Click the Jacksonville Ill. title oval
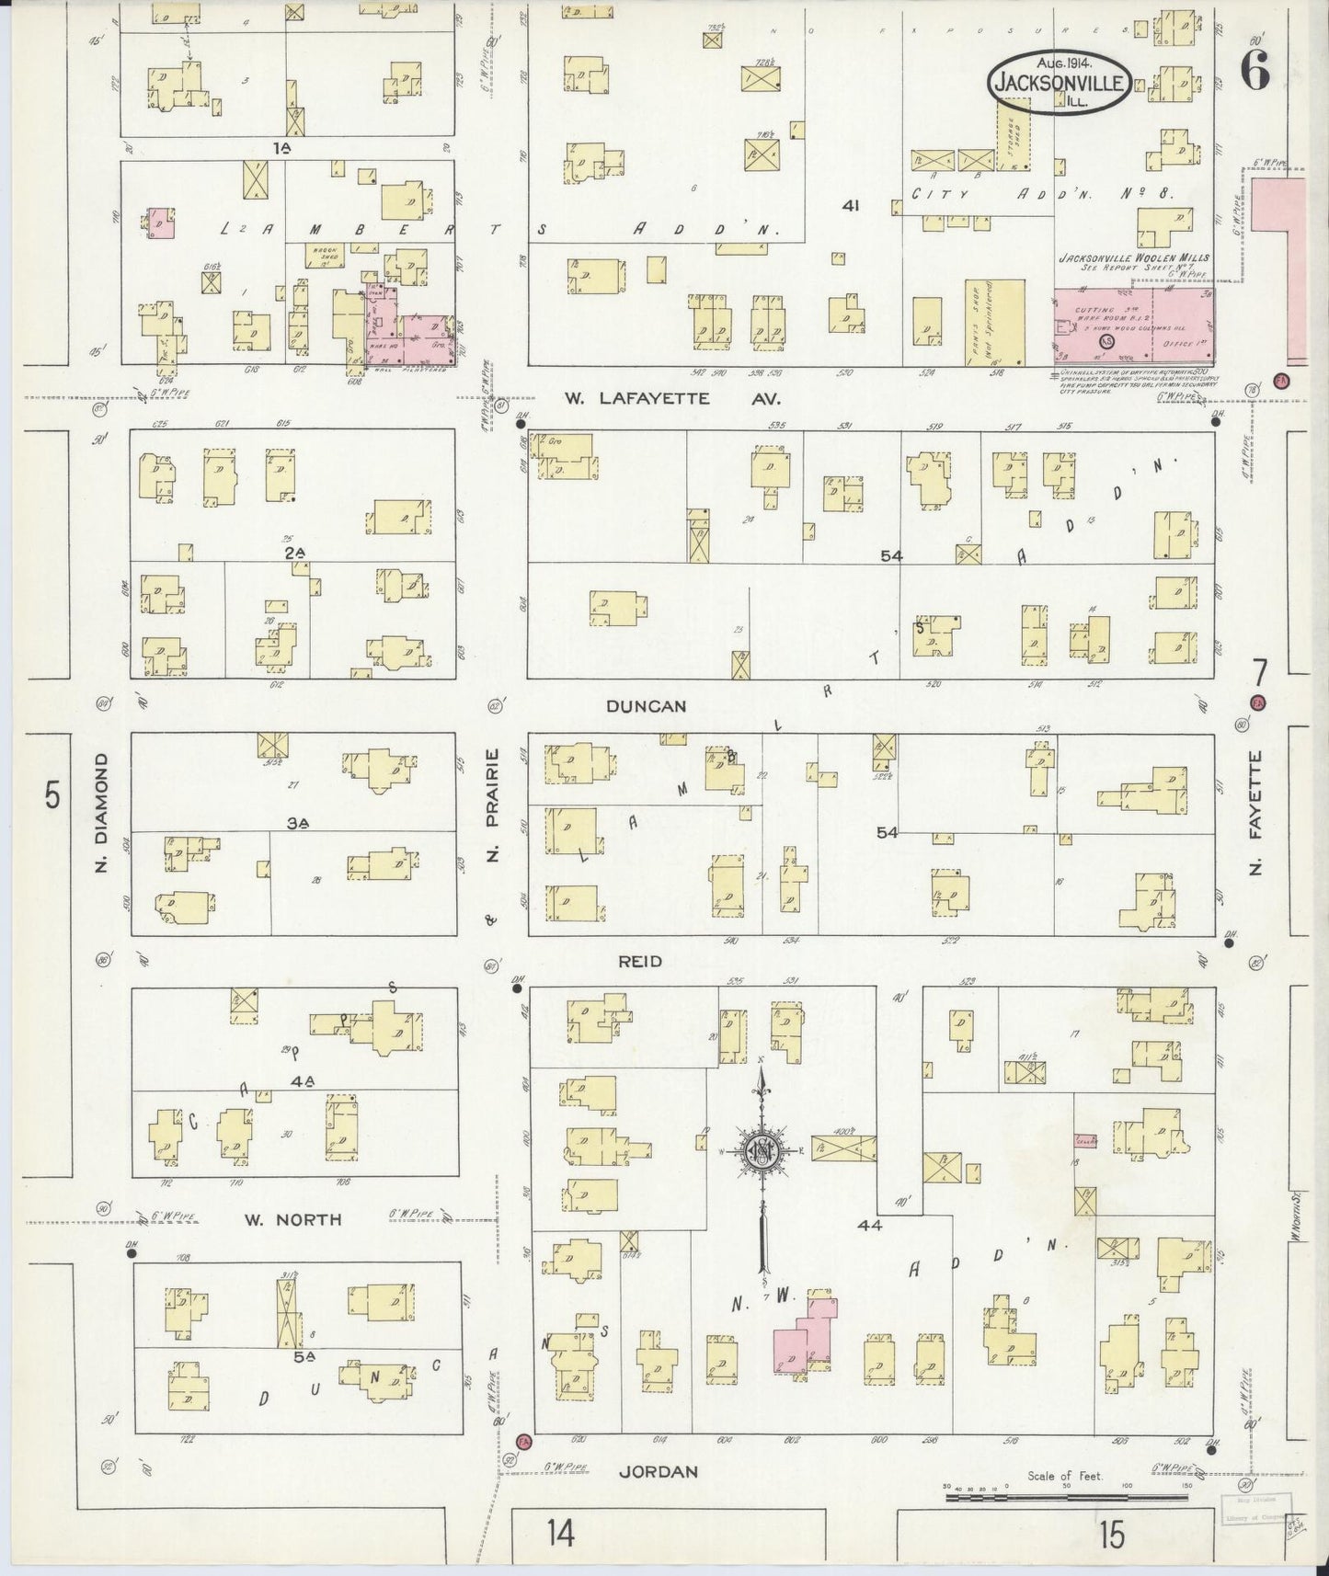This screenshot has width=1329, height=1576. click(x=1060, y=81)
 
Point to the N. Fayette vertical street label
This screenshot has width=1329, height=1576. click(x=1256, y=812)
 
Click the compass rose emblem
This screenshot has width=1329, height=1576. click(x=762, y=1150)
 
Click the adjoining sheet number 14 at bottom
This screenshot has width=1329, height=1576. click(x=561, y=1534)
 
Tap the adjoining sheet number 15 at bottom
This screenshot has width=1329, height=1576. click(x=1110, y=1534)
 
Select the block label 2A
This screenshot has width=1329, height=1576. click(x=294, y=552)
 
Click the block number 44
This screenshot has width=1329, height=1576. click(x=869, y=1225)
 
